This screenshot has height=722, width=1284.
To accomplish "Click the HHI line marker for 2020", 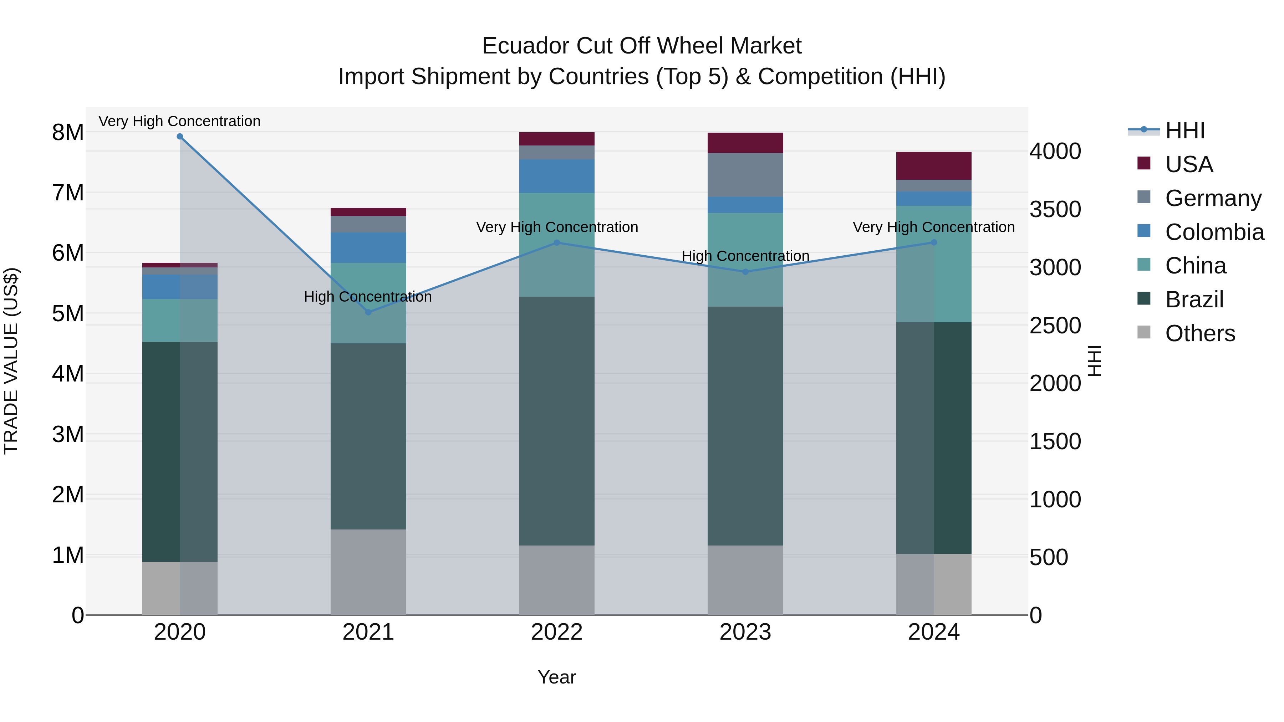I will tap(180, 137).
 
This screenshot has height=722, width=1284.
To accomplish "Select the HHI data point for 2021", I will tap(368, 312).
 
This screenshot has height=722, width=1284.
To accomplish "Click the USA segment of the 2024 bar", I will tap(934, 166).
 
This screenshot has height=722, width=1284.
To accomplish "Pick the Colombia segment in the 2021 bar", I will tap(368, 248).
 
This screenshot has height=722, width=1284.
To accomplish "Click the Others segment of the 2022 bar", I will tap(557, 580).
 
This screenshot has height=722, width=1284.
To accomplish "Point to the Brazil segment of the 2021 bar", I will tap(368, 436).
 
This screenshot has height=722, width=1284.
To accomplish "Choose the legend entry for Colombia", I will tap(1214, 232).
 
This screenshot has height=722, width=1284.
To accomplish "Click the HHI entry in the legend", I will tap(1185, 130).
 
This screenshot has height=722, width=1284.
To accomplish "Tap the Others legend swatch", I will tap(1144, 332).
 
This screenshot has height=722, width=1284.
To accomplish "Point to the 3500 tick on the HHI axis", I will tap(1055, 209).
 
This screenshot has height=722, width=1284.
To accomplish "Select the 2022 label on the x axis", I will tap(557, 632).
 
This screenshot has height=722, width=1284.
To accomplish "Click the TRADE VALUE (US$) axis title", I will tap(11, 361).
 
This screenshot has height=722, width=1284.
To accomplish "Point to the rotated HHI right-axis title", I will tap(1095, 361).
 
